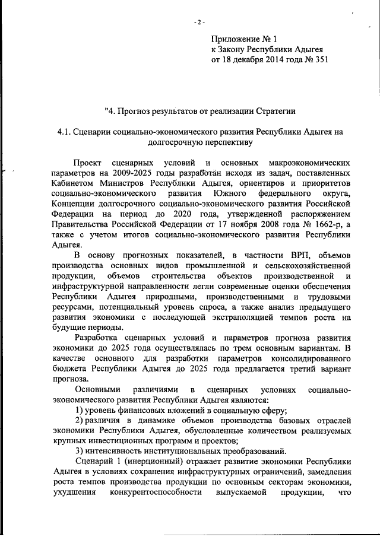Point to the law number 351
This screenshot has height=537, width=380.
tap(320, 60)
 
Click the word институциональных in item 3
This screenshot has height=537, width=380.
tap(178, 451)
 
